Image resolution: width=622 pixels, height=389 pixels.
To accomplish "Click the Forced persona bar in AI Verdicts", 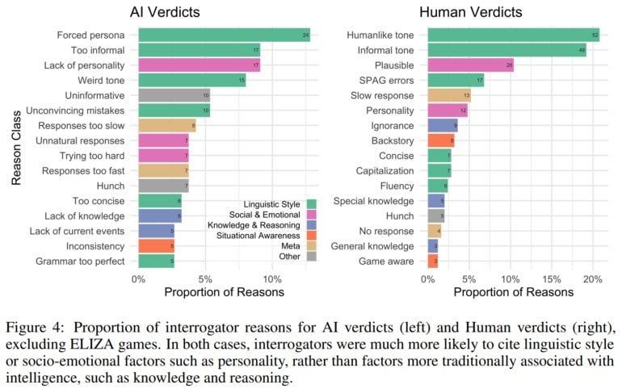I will [x=224, y=36].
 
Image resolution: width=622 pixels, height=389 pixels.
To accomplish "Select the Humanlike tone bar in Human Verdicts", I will [x=513, y=36].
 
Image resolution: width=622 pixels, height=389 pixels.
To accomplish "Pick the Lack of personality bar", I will [x=199, y=65].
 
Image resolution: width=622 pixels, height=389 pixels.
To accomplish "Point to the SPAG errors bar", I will [x=456, y=80].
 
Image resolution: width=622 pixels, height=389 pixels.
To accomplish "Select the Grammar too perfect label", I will [x=80, y=261].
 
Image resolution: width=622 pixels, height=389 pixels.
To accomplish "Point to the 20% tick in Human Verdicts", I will [x=593, y=278].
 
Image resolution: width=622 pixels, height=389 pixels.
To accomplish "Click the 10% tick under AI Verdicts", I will [x=272, y=278].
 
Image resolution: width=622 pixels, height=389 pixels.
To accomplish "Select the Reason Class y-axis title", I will [x=17, y=148].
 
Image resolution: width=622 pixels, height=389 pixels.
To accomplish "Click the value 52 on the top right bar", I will [x=595, y=36].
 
